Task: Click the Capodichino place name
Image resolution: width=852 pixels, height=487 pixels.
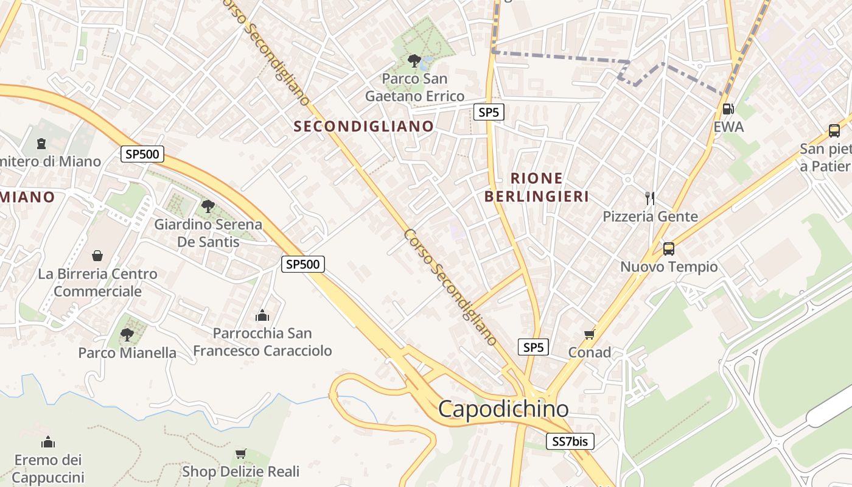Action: (503, 408)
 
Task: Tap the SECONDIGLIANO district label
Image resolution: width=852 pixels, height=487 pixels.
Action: (364, 127)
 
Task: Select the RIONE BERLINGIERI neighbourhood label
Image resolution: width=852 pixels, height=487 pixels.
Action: (536, 187)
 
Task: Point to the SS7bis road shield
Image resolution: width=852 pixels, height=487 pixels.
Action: (570, 441)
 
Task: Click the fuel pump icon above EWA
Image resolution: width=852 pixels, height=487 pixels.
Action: (727, 109)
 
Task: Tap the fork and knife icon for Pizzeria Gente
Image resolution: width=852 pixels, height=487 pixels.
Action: (650, 198)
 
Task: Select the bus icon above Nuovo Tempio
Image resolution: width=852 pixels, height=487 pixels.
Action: (668, 248)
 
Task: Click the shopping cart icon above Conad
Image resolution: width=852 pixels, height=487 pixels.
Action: (589, 334)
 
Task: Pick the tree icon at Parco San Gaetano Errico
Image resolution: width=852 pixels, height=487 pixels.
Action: (414, 60)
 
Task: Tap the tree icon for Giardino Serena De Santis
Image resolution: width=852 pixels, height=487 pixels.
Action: (208, 206)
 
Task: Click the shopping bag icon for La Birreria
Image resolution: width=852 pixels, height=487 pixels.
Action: (97, 256)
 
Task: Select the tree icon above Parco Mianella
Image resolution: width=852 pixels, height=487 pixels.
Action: (127, 334)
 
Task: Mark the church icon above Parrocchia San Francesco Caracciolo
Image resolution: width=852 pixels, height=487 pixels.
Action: (262, 315)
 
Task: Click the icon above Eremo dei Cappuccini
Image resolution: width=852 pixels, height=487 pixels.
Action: (48, 441)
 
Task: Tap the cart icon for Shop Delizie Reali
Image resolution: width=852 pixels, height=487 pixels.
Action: (241, 454)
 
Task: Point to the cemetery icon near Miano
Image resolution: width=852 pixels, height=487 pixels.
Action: (41, 144)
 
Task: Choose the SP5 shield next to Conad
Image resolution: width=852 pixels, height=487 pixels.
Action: (533, 347)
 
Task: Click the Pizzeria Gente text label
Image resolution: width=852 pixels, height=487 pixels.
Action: (650, 217)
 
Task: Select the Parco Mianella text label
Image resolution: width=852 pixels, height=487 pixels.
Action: (127, 353)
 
